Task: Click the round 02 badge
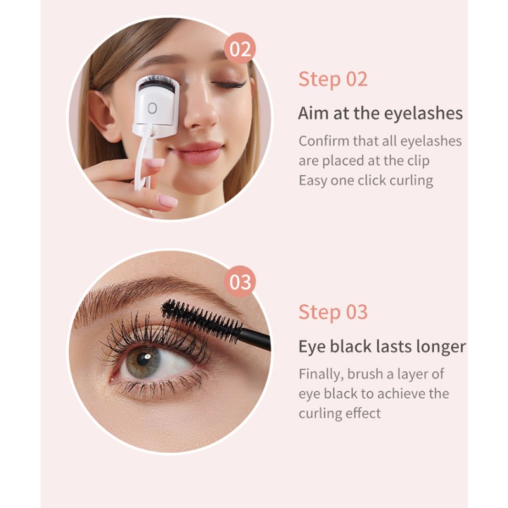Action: tap(240, 49)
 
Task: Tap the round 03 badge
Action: tap(240, 281)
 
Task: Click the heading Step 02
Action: tap(333, 79)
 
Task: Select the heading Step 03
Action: tap(333, 312)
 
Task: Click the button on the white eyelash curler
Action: tap(152, 108)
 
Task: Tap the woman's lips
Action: tap(199, 152)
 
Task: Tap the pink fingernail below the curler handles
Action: tap(167, 201)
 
